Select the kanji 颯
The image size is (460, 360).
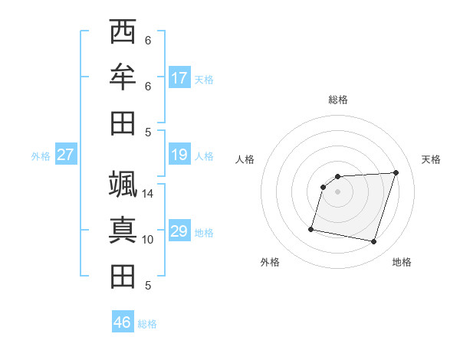tap(123, 184)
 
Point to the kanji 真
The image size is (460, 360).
tap(123, 230)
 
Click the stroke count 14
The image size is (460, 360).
tap(148, 194)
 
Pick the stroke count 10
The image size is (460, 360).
tap(148, 240)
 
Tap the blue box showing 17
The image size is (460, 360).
tap(179, 78)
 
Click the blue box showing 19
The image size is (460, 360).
tap(179, 155)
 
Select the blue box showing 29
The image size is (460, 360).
tap(179, 232)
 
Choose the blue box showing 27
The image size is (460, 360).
tap(66, 155)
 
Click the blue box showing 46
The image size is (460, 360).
tap(123, 322)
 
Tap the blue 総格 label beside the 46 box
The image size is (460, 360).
tap(147, 324)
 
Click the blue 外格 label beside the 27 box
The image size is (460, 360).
tap(41, 156)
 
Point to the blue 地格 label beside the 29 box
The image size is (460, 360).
tap(205, 233)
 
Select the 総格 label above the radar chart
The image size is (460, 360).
tap(338, 100)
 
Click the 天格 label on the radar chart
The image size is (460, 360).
tap(432, 159)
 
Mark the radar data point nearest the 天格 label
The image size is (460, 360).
tap(396, 172)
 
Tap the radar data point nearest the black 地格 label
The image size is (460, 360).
tap(374, 242)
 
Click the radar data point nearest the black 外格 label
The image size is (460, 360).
tap(311, 228)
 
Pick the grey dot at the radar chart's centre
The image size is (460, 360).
tap(338, 191)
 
